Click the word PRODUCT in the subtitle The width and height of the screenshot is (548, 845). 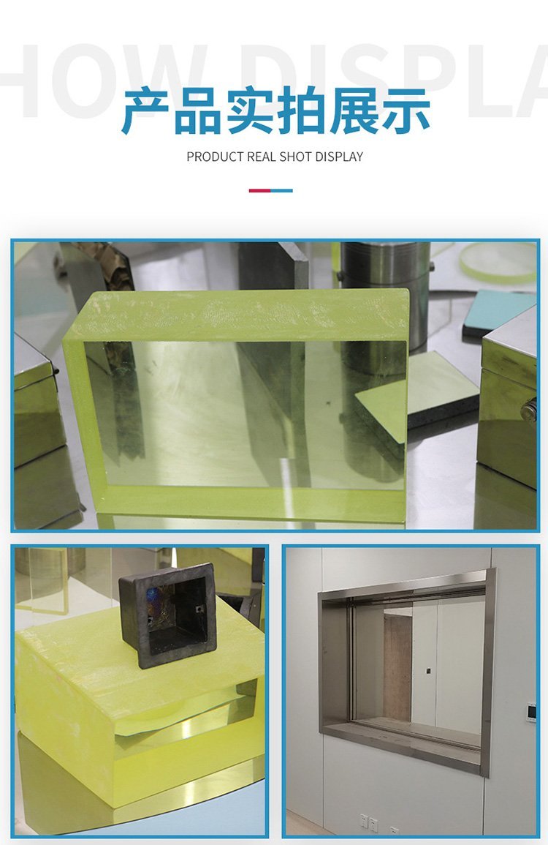215,157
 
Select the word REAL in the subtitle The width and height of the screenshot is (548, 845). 261,157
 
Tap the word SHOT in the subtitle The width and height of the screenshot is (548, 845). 295,157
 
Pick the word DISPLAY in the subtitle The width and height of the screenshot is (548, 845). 339,157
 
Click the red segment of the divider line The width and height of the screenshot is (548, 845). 259,190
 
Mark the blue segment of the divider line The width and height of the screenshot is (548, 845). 281,190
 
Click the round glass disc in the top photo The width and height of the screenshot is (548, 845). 498,263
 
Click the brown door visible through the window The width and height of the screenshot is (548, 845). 397,667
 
